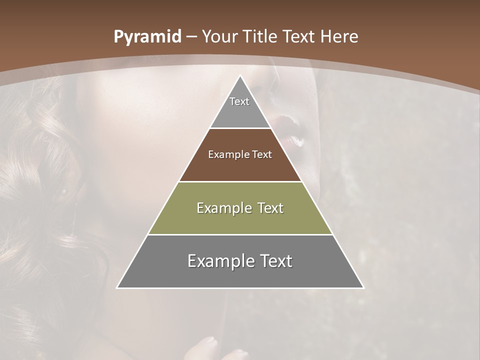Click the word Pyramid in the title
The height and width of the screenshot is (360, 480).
pos(147,37)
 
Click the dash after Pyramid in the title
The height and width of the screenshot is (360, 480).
pos(191,37)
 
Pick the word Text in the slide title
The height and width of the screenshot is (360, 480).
pos(299,37)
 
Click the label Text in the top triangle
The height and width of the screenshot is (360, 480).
pos(239,101)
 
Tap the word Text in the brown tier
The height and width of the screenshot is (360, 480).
pos(262,154)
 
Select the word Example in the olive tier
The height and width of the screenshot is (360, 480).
pos(222,208)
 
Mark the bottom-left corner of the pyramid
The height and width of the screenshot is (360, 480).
pos(117,287)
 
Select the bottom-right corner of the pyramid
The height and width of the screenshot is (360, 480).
pos(363,287)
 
